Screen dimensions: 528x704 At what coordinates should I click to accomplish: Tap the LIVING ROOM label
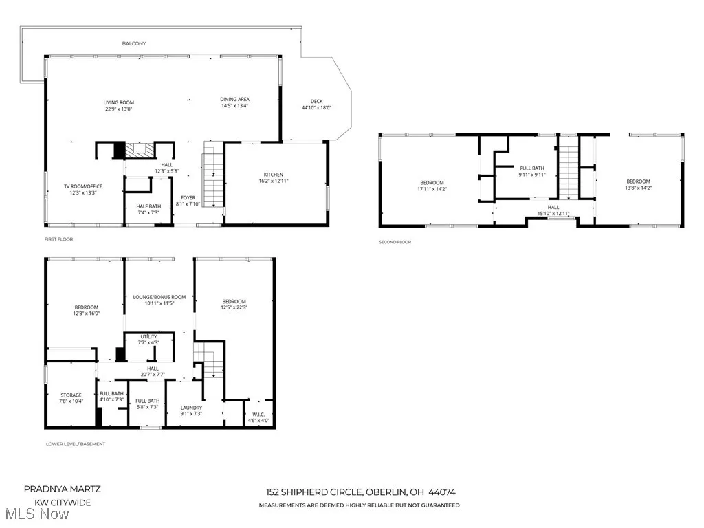pos(119,102)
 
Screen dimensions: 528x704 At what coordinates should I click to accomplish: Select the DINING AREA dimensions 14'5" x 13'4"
pos(234,106)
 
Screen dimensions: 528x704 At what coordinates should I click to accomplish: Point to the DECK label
pos(316,102)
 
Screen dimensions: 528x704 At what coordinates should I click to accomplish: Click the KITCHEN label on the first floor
pos(274,175)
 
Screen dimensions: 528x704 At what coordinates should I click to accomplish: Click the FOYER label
pos(188,198)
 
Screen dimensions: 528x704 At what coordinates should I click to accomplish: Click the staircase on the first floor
pos(213,179)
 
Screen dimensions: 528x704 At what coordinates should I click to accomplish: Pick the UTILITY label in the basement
pos(149,336)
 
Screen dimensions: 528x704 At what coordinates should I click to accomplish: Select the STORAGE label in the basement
pos(71,395)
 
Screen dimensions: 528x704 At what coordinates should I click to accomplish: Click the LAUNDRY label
pos(192,408)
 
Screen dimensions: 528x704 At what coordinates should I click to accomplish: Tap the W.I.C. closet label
pos(258,415)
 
